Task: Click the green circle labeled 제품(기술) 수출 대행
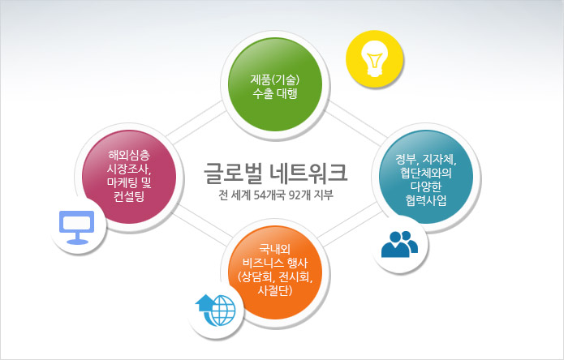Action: pos(275,84)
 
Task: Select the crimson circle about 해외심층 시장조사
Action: pos(129,177)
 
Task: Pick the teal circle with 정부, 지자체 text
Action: pos(426,177)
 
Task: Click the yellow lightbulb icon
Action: pos(374,59)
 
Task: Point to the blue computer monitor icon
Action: pos(76,227)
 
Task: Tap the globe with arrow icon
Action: pos(216,311)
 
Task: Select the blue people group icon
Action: pos(399,244)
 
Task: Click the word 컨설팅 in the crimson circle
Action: pos(129,196)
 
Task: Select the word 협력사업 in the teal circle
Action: pos(426,200)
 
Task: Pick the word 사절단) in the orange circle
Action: pos(275,289)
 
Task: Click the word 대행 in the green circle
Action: pos(286,94)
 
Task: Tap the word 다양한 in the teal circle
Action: pos(426,186)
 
